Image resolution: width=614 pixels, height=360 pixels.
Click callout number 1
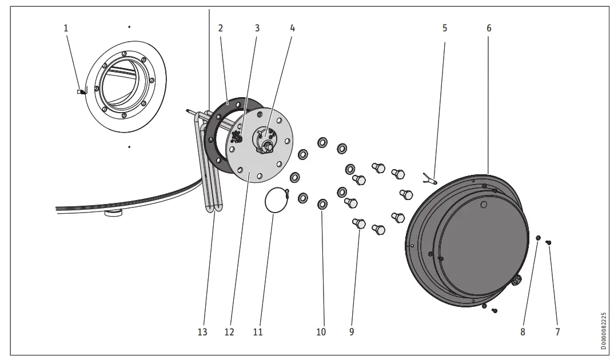pyautogui.click(x=66, y=27)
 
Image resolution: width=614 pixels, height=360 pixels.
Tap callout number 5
pyautogui.click(x=444, y=27)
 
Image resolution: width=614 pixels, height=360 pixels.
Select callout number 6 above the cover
pyautogui.click(x=489, y=27)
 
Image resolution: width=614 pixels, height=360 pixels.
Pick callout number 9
pyautogui.click(x=352, y=332)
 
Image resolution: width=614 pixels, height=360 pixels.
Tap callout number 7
pyautogui.click(x=557, y=332)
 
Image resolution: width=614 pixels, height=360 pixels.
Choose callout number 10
pyautogui.click(x=321, y=332)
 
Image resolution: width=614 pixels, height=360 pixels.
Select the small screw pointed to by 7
pyautogui.click(x=549, y=243)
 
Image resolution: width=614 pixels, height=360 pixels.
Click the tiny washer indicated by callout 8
pyautogui.click(x=538, y=237)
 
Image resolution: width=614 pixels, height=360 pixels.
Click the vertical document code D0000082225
pyautogui.click(x=604, y=331)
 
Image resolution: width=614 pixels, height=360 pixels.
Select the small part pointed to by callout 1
pyautogui.click(x=81, y=91)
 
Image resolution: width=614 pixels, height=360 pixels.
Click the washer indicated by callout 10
pyautogui.click(x=322, y=204)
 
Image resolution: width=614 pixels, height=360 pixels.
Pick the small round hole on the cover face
pyautogui.click(x=484, y=204)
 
